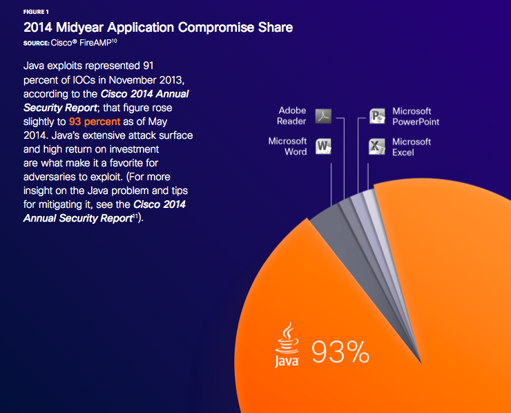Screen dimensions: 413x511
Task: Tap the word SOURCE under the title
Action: tap(35, 43)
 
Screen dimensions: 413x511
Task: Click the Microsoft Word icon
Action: tap(324, 146)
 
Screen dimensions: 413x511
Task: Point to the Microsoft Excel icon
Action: tap(376, 146)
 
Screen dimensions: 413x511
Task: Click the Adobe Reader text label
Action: tap(291, 116)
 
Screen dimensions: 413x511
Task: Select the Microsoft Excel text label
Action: tap(412, 146)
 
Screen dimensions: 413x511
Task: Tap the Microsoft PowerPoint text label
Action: tap(416, 116)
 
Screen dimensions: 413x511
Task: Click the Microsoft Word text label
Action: tap(287, 146)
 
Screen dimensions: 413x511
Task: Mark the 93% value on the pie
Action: tap(339, 352)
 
